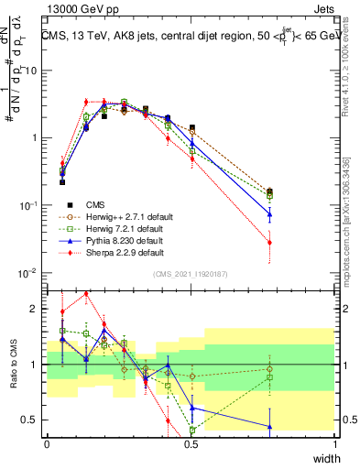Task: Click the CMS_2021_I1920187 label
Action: point(191,274)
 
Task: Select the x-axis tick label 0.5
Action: point(191,443)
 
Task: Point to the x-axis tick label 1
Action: point(335,443)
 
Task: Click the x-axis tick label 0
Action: point(48,443)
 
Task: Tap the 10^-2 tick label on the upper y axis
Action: point(29,273)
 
